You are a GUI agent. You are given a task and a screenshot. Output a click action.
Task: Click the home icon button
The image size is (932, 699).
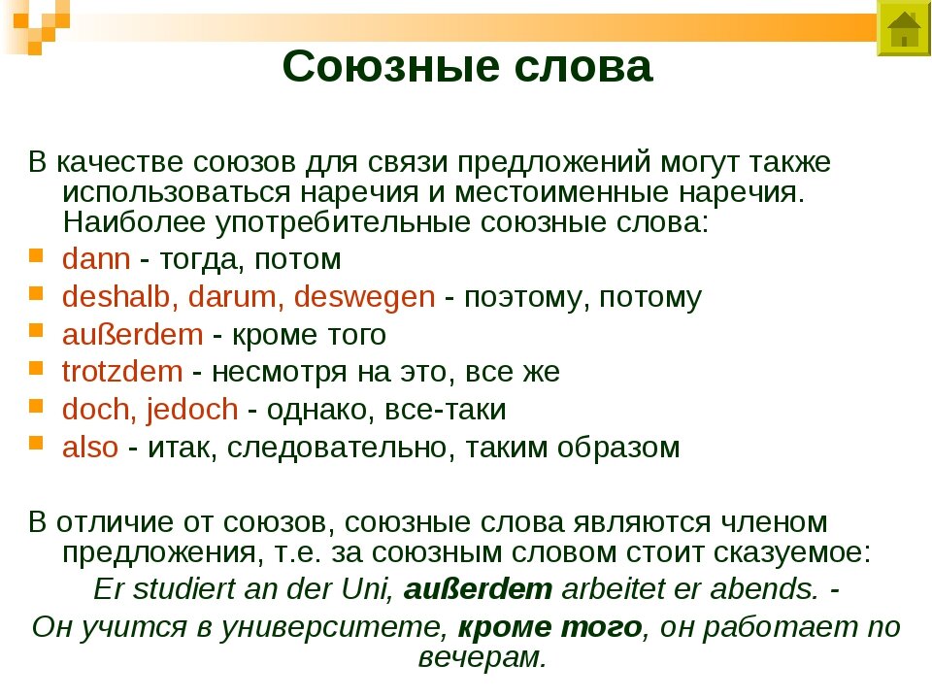(904, 29)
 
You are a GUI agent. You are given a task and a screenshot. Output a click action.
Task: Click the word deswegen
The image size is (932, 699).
(364, 297)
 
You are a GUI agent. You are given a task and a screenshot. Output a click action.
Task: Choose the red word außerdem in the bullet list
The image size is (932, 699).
(132, 335)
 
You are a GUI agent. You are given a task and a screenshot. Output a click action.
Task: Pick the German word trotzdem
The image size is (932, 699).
(121, 372)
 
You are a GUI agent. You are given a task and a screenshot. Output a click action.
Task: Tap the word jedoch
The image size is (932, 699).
(192, 410)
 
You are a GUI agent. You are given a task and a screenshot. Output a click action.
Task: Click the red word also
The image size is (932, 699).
(89, 448)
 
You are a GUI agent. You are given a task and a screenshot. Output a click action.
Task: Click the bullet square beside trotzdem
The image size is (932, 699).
(35, 369)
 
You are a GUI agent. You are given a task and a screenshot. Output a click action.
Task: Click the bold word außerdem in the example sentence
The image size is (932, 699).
(478, 589)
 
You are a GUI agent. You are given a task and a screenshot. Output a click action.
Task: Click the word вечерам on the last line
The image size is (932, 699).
(481, 658)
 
